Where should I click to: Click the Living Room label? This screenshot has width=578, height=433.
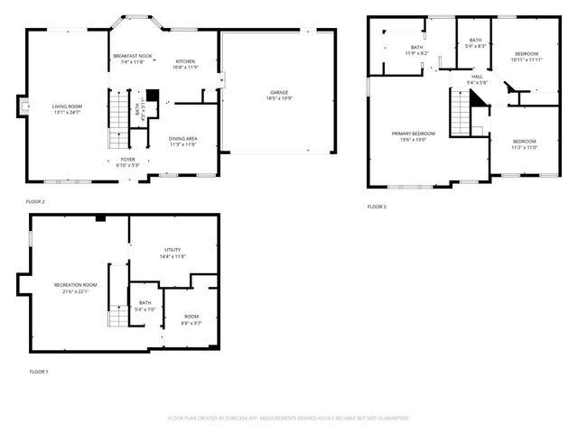[x=68, y=109]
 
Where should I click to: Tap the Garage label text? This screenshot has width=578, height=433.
[x=278, y=96]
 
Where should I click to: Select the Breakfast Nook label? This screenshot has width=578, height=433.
[x=133, y=59]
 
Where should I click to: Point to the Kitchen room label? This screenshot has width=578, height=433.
[x=184, y=64]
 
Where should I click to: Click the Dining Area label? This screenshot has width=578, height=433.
[x=183, y=142]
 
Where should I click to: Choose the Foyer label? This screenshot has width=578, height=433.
[x=128, y=162]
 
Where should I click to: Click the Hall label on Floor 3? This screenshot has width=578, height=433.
[x=477, y=80]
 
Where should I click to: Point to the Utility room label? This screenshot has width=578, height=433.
[x=172, y=253]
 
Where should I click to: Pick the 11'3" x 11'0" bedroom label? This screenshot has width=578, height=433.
[x=525, y=144]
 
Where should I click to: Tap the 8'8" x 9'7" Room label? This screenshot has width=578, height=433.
[x=191, y=319]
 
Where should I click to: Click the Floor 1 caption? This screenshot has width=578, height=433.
[x=39, y=372]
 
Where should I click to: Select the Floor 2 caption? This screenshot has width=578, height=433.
[x=35, y=201]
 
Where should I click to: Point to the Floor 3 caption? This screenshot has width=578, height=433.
[x=377, y=207]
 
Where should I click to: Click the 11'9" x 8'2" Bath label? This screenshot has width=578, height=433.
[x=416, y=50]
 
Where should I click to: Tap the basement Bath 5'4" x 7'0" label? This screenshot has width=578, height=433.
[x=145, y=307]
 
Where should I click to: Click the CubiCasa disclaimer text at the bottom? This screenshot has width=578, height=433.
[x=289, y=419]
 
